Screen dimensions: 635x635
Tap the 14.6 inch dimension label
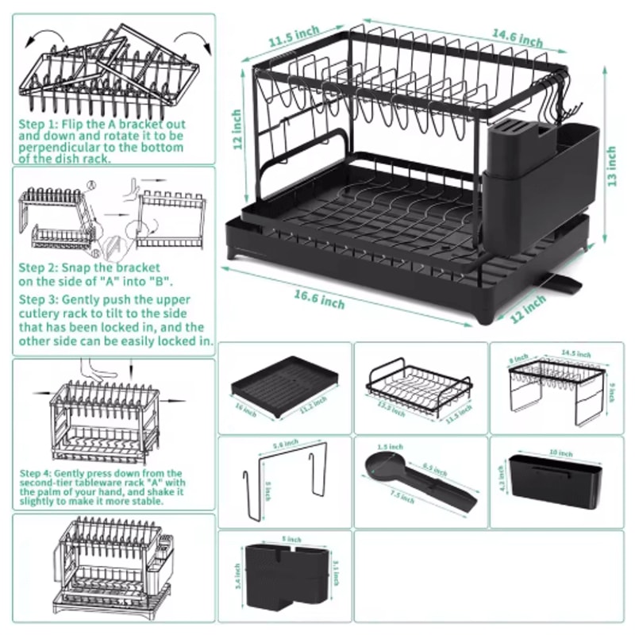516,37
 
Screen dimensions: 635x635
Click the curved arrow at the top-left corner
41,39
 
